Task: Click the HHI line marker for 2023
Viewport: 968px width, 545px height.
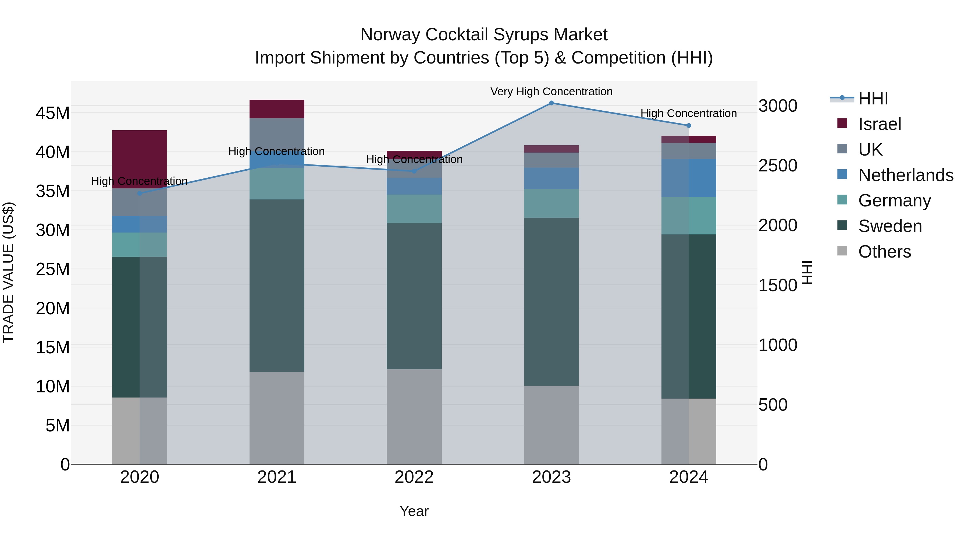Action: [551, 103]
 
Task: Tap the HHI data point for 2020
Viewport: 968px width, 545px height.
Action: [139, 193]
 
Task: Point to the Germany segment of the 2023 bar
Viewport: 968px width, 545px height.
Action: [551, 203]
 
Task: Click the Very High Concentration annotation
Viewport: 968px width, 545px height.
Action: [551, 92]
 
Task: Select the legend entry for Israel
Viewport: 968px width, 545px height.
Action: [879, 124]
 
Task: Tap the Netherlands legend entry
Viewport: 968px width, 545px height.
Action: [906, 175]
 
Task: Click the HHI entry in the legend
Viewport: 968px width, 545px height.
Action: [873, 99]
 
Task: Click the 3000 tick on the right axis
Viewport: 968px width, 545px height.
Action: [777, 106]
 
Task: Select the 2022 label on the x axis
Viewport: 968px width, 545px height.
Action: [414, 477]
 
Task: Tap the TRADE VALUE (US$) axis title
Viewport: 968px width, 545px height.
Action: [8, 272]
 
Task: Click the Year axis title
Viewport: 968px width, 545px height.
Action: [414, 511]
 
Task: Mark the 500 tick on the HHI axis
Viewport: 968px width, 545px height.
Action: [773, 405]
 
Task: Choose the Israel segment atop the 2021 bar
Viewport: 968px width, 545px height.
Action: [277, 109]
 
